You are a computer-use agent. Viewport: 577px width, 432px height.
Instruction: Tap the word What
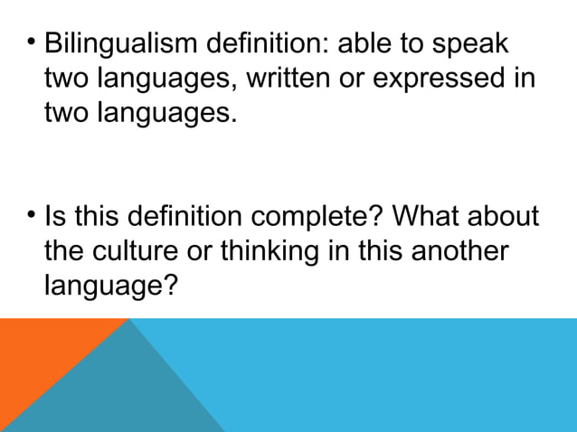click(424, 218)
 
